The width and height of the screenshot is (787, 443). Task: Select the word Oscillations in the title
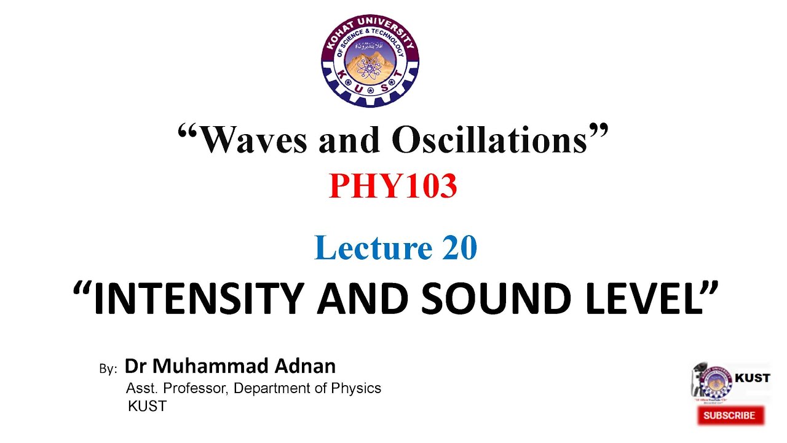pos(489,140)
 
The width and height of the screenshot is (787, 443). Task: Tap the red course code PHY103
pos(393,186)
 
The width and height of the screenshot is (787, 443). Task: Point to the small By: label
pos(108,369)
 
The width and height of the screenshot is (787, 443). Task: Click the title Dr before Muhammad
pos(136,366)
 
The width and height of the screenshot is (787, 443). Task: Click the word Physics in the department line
pos(356,388)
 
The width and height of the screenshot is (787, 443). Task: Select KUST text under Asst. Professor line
pos(147,406)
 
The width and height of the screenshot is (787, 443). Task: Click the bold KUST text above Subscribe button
pos(753,378)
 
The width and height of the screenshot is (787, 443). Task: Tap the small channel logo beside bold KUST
pos(713,381)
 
